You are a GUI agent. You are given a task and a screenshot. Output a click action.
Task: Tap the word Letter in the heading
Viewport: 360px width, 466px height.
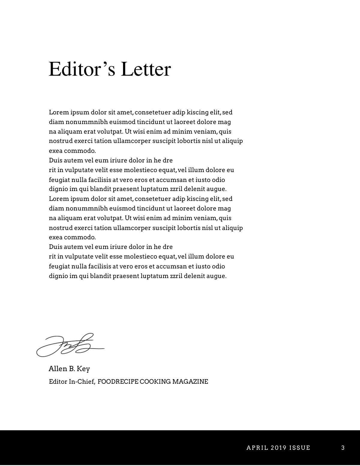146,69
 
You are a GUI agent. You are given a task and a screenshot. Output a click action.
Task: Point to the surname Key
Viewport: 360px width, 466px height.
83,369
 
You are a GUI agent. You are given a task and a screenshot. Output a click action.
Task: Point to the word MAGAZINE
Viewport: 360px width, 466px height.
190,382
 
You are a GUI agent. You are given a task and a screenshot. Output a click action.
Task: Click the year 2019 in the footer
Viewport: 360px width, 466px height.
278,448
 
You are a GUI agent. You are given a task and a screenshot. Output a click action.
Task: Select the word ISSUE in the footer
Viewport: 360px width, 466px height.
300,448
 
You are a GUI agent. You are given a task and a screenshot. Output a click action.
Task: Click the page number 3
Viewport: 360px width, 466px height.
343,448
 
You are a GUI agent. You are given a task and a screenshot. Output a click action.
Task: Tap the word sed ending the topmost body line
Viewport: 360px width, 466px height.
227,112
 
